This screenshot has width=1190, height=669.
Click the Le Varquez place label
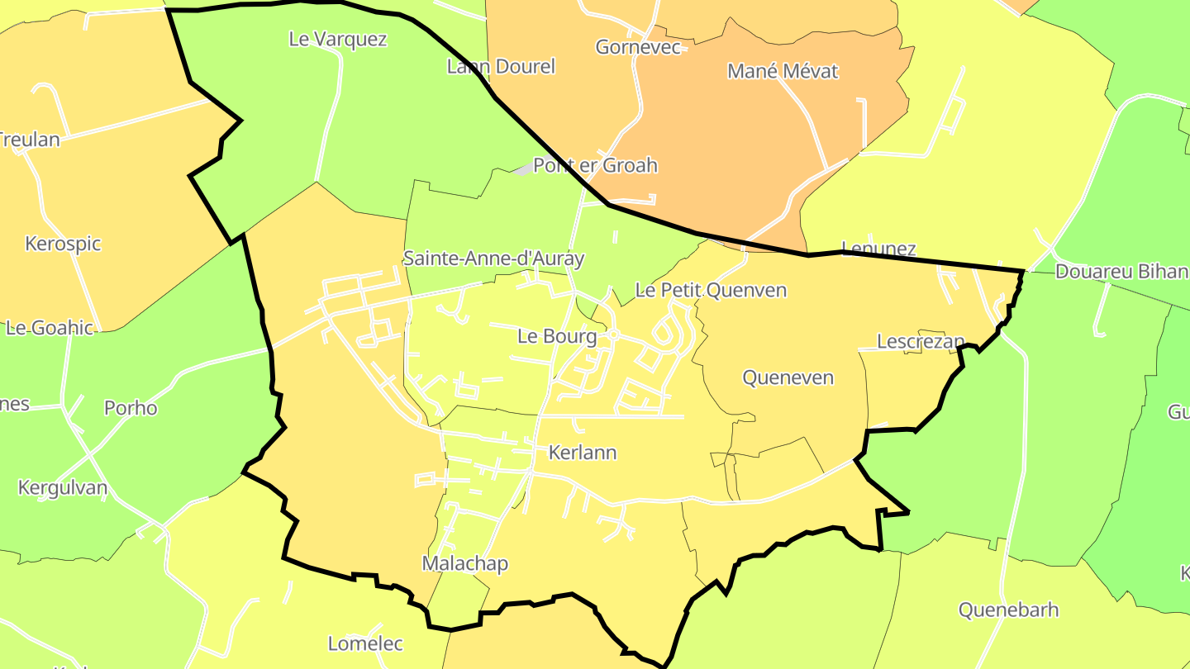(x=338, y=39)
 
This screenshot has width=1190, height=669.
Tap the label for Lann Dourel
(x=501, y=67)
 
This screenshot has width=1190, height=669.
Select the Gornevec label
(x=638, y=47)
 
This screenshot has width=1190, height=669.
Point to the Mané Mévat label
(x=783, y=71)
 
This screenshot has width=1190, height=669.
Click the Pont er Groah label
(x=595, y=165)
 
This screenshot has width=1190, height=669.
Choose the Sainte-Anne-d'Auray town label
(x=493, y=259)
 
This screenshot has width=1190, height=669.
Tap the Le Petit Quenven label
(x=711, y=290)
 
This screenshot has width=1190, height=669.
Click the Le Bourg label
(x=557, y=336)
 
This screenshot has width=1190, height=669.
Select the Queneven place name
(x=788, y=377)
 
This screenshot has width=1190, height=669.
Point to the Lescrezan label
(x=921, y=341)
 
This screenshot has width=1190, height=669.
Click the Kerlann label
(x=583, y=453)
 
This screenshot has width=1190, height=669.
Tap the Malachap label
(x=465, y=563)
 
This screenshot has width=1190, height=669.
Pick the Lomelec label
(x=365, y=643)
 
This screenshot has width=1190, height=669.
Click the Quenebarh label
(x=1008, y=610)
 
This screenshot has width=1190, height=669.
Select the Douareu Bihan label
(x=1121, y=272)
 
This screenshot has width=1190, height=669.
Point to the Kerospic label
(x=63, y=244)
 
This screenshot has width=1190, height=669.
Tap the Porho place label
(x=131, y=408)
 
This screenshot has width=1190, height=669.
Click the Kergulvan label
(x=63, y=487)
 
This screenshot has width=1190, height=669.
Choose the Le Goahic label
(x=50, y=328)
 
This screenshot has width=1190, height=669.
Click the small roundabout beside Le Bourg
(x=613, y=335)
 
